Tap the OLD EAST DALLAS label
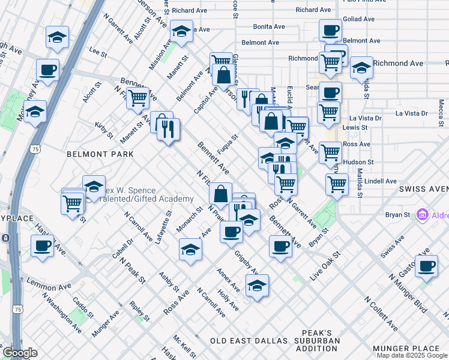coord(249,341)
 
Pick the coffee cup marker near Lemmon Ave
coord(42,245)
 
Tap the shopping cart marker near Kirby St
coord(138,97)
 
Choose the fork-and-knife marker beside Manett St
coord(169,128)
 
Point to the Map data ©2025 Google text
coord(412,355)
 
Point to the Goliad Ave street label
coord(360,19)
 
